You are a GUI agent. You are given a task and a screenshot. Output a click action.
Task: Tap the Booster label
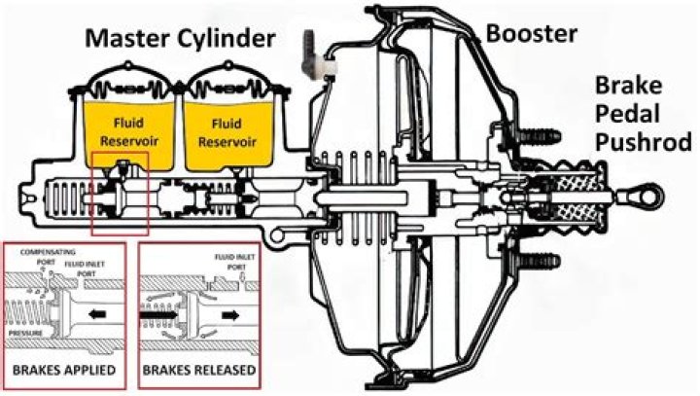tap(531, 34)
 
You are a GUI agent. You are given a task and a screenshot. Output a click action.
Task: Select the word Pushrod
tap(645, 143)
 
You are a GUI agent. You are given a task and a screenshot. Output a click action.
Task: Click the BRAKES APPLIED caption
tap(65, 372)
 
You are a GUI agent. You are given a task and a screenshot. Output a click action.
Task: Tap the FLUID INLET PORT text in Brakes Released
tap(230, 261)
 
